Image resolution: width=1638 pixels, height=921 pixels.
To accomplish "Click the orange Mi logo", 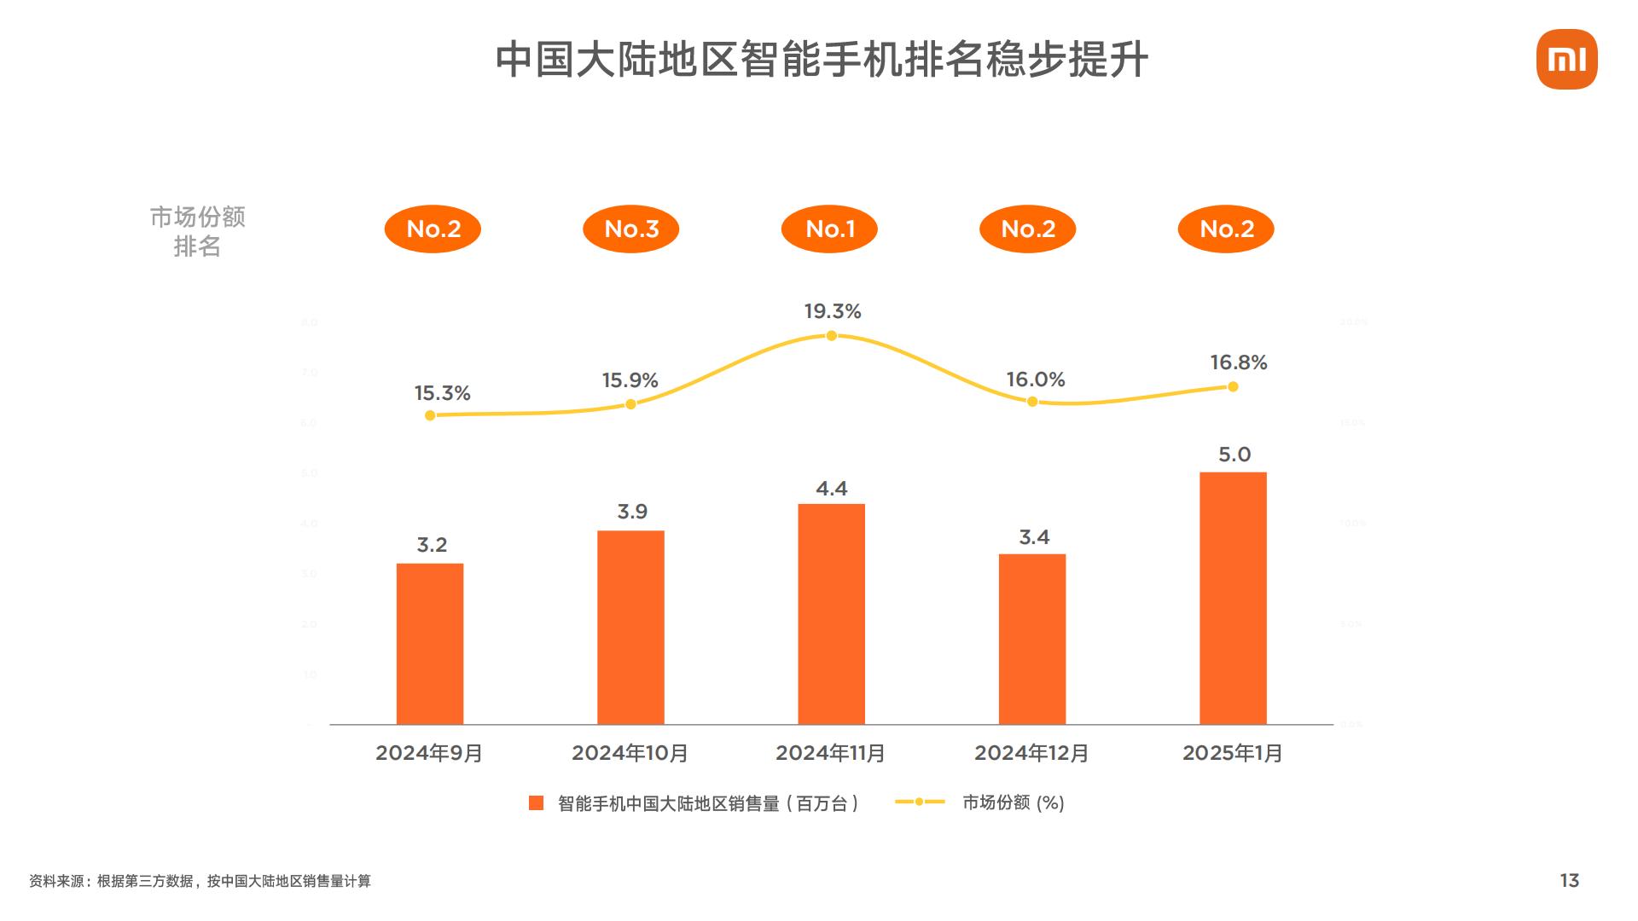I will coord(1566,60).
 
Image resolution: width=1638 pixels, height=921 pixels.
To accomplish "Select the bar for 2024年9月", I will coord(430,644).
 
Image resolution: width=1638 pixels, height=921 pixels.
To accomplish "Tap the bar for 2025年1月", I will coord(1233,598).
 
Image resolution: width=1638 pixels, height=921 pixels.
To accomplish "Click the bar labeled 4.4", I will coord(831,614).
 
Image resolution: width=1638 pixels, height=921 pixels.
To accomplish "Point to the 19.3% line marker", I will coord(831,336).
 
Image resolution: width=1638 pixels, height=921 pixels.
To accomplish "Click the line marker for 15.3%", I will coord(430,415).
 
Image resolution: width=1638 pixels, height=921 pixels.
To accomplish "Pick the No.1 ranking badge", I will coord(829,229).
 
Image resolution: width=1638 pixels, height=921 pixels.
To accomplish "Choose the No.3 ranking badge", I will coord(631,229).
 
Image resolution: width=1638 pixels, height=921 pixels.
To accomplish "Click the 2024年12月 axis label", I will coord(1031,753).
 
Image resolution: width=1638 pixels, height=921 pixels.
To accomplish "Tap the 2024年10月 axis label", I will coord(630,753).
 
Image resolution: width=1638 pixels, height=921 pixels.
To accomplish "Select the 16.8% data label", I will coord(1238,362).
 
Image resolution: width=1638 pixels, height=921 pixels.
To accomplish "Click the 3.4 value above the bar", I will coord(1034,537).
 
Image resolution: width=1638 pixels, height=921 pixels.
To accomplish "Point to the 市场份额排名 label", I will coord(197,231).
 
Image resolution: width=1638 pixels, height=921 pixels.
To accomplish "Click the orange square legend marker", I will coord(536,802).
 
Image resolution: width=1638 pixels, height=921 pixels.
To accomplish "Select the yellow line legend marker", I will coord(920,802).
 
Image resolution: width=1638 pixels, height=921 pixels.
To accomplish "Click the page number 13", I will coord(1569,881).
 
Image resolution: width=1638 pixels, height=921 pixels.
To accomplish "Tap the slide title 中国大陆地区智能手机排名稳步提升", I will coord(822,60).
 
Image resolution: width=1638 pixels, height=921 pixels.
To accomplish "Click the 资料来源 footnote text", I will coord(200,881).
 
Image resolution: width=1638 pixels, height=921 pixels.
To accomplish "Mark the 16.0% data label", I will coord(1035,379).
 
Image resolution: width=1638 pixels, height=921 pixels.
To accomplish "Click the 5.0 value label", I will coord(1234,455).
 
